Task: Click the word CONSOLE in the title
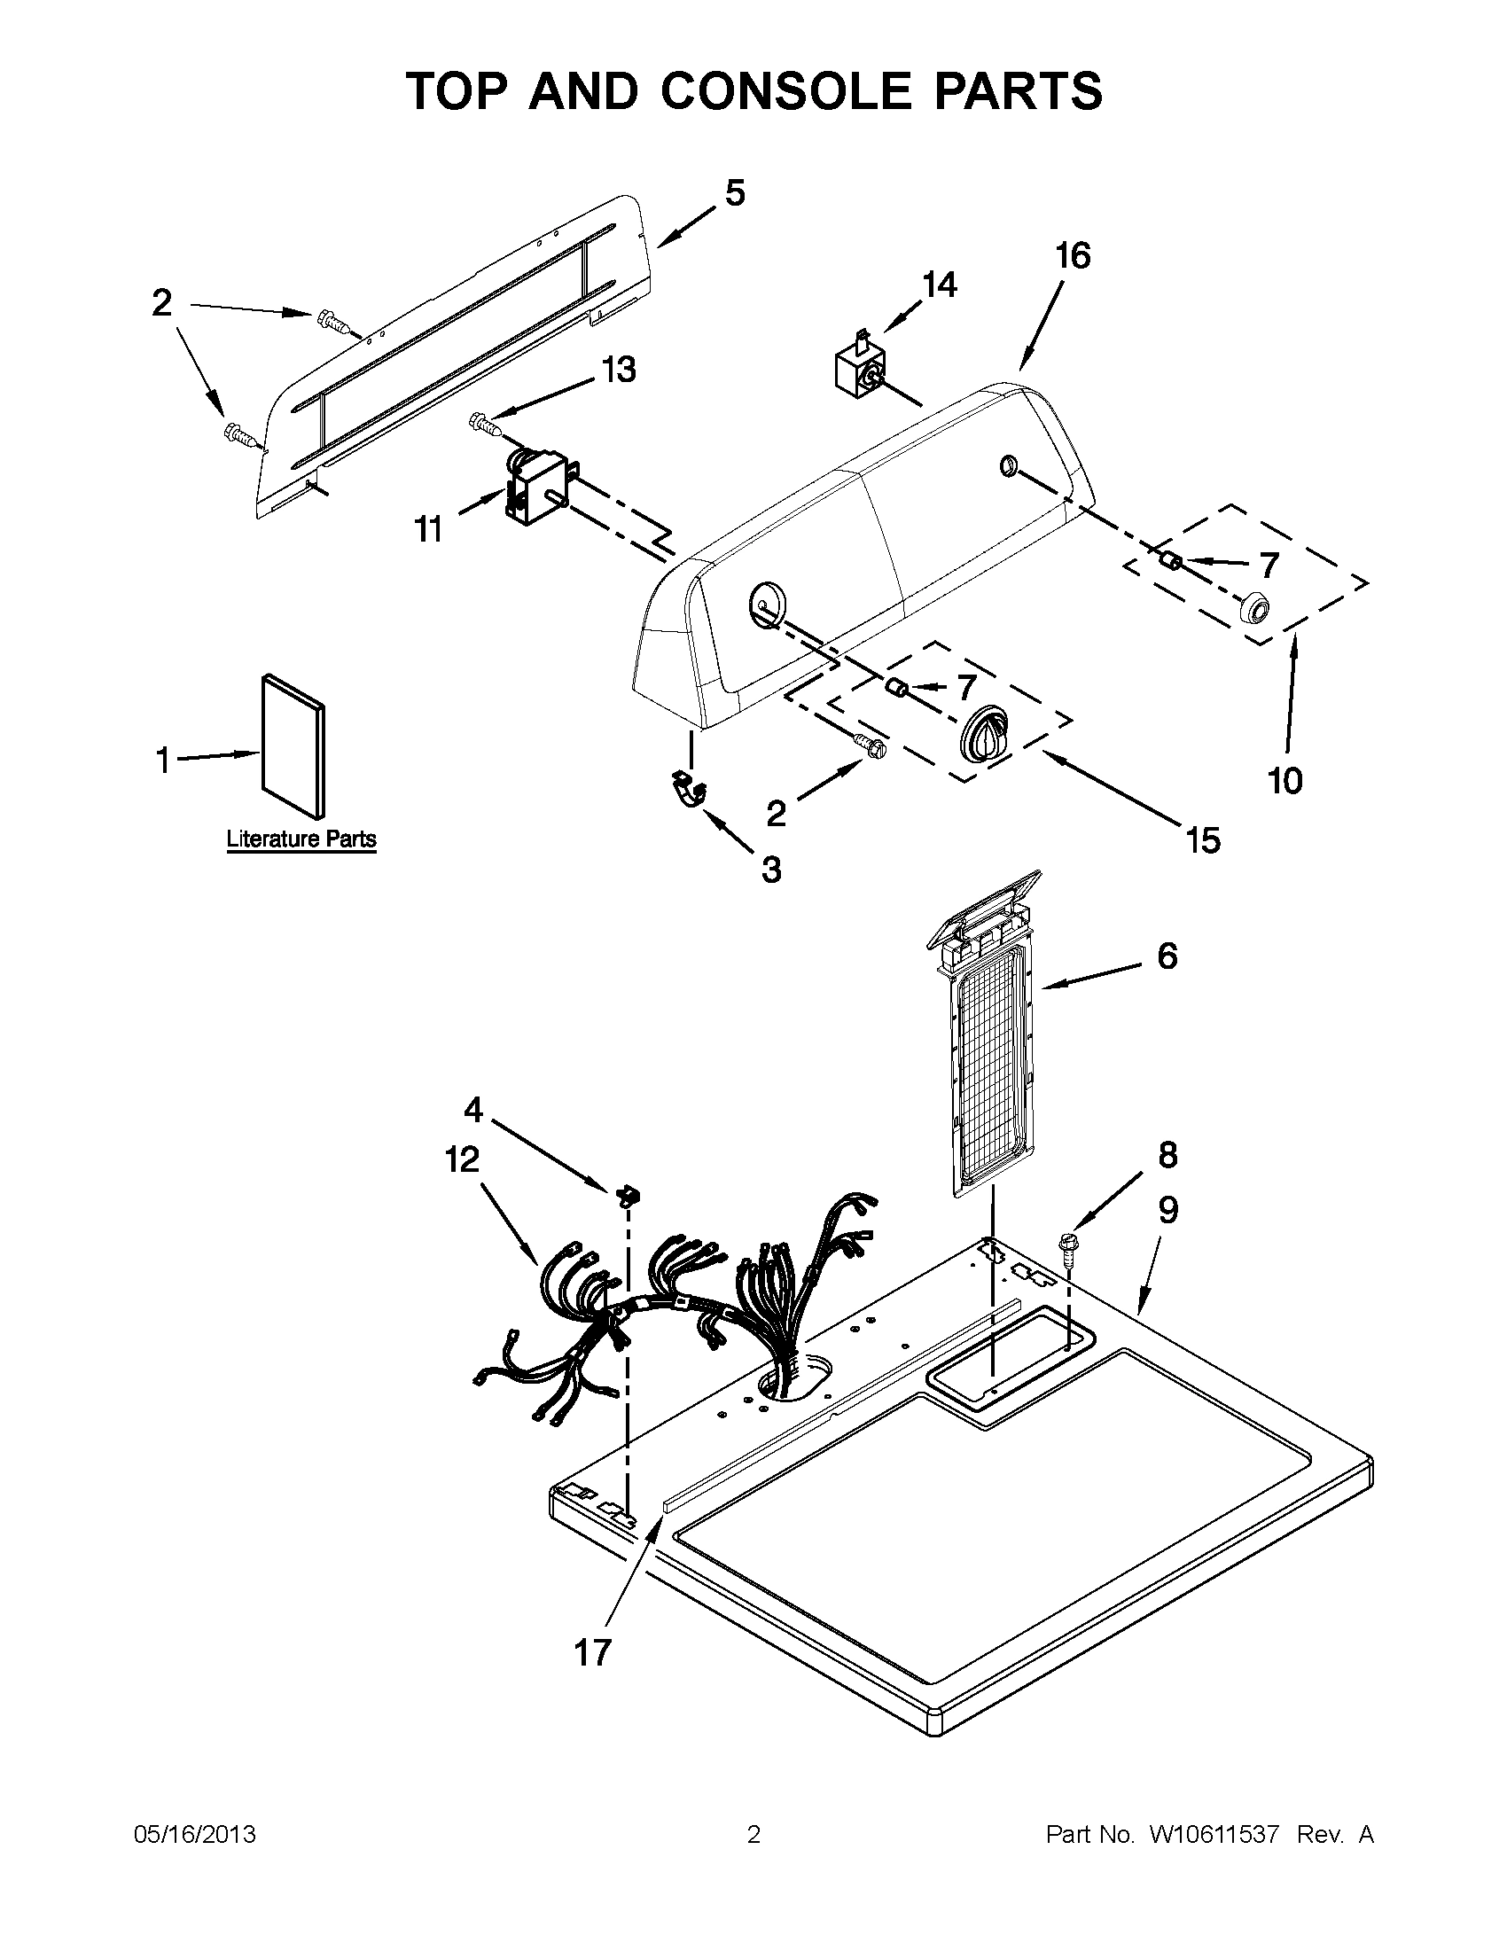tap(784, 91)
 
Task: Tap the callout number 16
tap(1073, 256)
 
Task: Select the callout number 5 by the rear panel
tap(734, 193)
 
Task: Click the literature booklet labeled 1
tap(293, 745)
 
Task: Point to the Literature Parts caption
tap(301, 839)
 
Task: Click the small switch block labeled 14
tap(859, 368)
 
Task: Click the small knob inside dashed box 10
tap(1255, 610)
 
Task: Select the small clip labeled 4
tap(631, 1194)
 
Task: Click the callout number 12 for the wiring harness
tap(462, 1160)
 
